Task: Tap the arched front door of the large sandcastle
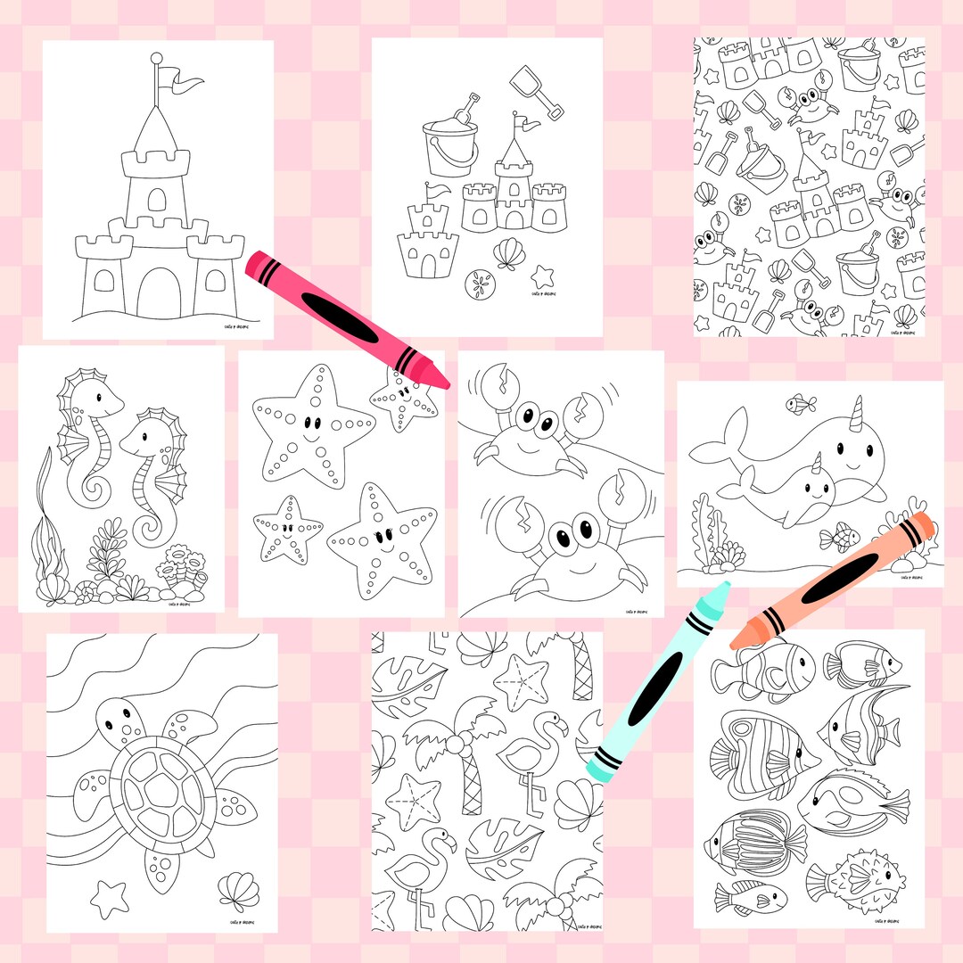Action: pyautogui.click(x=158, y=290)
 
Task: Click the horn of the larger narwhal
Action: pyautogui.click(x=860, y=412)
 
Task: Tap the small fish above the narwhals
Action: pyautogui.click(x=800, y=404)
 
